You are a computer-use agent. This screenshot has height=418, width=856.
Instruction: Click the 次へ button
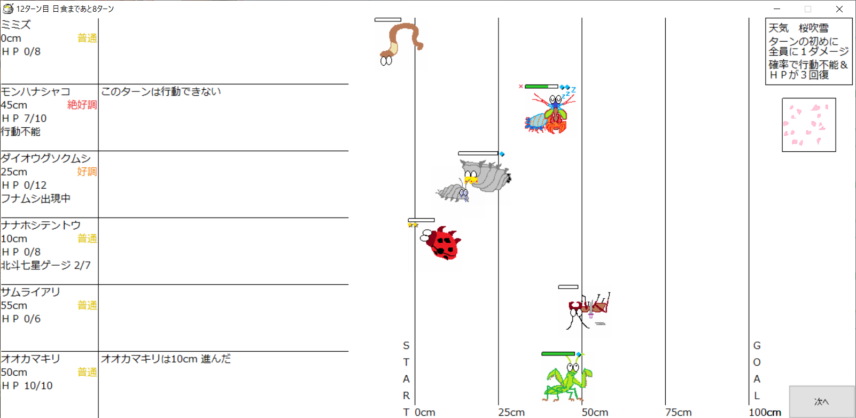[822, 401]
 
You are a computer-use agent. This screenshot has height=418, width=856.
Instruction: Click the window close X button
[839, 9]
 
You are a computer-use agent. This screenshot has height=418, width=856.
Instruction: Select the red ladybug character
[441, 243]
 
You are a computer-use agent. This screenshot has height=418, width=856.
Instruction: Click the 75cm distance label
[678, 412]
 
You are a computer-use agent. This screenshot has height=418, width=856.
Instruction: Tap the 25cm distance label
[511, 412]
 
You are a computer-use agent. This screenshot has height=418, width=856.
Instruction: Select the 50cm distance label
[595, 412]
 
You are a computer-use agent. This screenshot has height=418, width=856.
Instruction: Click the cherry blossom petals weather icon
[809, 125]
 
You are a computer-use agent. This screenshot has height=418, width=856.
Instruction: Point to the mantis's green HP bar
[558, 354]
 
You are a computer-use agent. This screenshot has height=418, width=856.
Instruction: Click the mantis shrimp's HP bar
[541, 87]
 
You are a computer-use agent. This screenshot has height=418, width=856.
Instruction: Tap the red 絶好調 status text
[82, 105]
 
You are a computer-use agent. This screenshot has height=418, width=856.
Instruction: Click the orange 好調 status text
[87, 172]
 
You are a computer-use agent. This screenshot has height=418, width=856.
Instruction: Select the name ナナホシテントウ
[41, 225]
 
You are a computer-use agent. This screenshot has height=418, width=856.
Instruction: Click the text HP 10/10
[27, 385]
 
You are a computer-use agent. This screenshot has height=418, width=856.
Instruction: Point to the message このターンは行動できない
[161, 91]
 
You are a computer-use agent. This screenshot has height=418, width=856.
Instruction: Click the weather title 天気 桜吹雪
[798, 28]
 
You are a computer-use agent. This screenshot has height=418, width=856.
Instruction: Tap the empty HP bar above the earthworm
[388, 19]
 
